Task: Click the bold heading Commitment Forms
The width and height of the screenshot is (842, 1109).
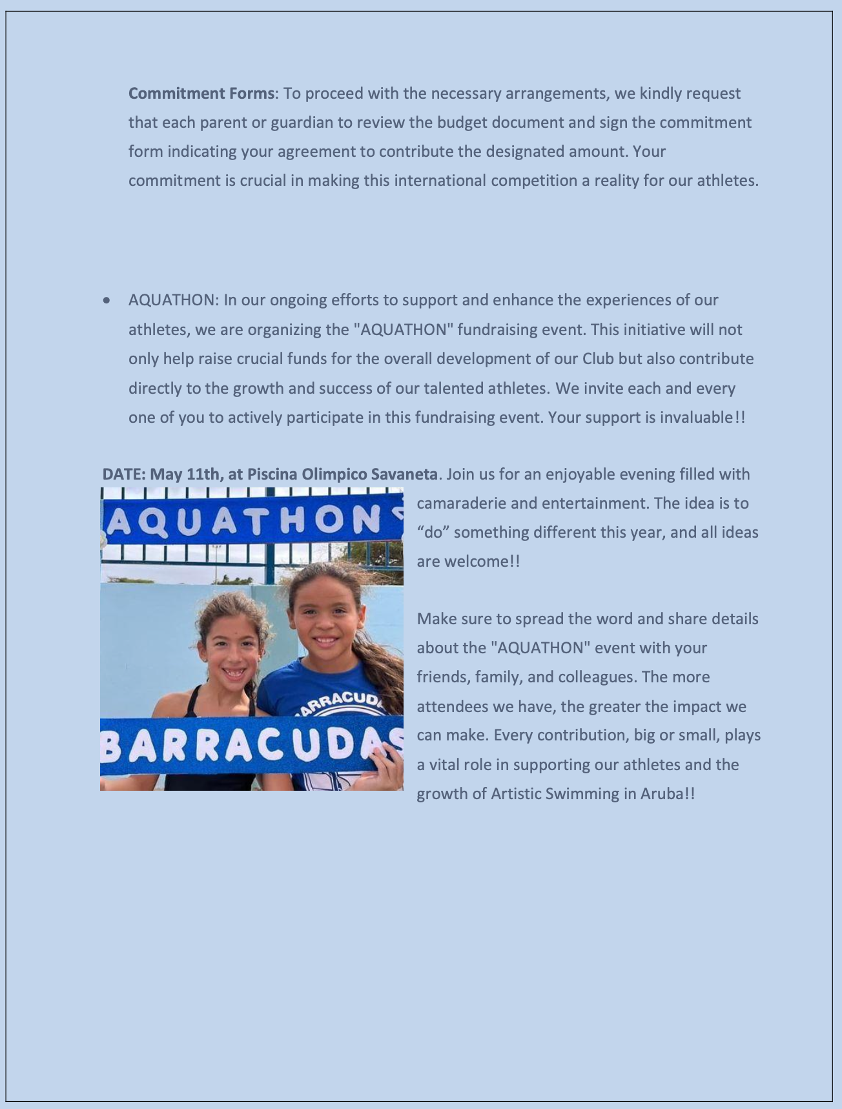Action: pos(201,94)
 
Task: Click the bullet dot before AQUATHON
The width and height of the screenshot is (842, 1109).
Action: pos(107,301)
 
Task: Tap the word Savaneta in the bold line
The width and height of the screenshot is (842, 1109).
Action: pos(404,474)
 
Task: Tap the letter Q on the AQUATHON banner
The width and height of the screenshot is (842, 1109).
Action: pos(149,522)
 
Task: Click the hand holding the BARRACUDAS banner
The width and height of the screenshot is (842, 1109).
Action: pos(385,765)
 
